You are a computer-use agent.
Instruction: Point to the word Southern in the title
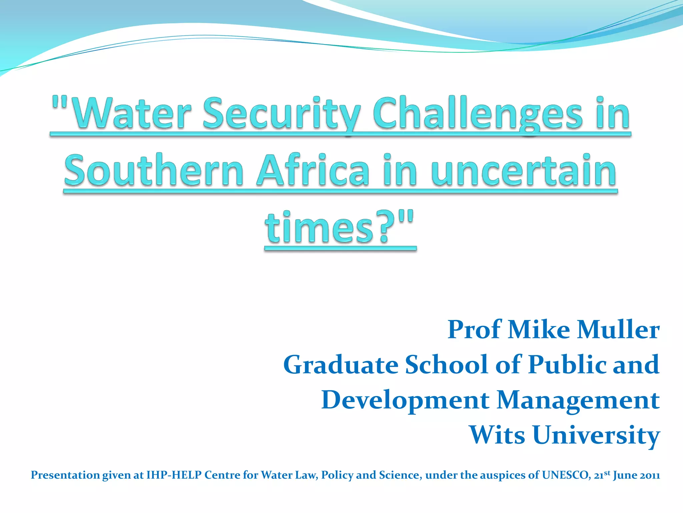tap(154, 170)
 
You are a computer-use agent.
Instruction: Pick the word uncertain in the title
tap(524, 170)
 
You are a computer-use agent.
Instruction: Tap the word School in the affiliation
tap(447, 365)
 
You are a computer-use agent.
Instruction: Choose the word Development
tap(405, 400)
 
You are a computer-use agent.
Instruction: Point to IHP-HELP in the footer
tap(174, 475)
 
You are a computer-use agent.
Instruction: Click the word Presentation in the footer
tap(65, 475)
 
